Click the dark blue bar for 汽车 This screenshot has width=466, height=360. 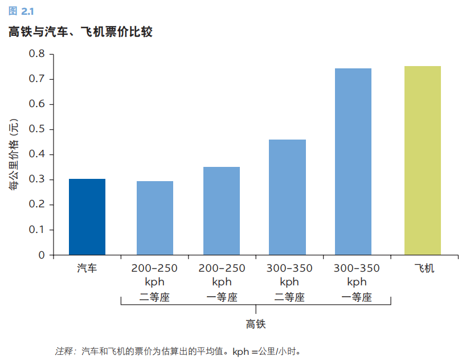[x=87, y=217]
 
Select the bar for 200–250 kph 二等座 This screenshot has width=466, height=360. [x=155, y=218]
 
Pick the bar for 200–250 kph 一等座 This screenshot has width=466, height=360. [x=222, y=211]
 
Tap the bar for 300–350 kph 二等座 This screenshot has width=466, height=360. [x=287, y=197]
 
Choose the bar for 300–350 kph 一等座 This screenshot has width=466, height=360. [x=353, y=162]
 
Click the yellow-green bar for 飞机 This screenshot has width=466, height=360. [x=422, y=161]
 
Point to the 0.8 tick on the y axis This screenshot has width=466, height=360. [x=37, y=54]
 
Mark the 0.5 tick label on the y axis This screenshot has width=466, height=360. [x=37, y=129]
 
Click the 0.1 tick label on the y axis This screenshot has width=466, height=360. [x=37, y=230]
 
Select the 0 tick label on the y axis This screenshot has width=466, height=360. [x=42, y=255]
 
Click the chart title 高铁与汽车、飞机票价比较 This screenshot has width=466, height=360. [x=80, y=32]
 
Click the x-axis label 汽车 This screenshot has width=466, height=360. [x=87, y=268]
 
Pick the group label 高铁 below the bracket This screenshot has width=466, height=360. [x=256, y=325]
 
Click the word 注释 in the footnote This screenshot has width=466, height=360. [x=64, y=350]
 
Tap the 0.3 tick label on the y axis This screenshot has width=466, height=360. [x=37, y=180]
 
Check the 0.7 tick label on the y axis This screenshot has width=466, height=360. [x=37, y=79]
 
